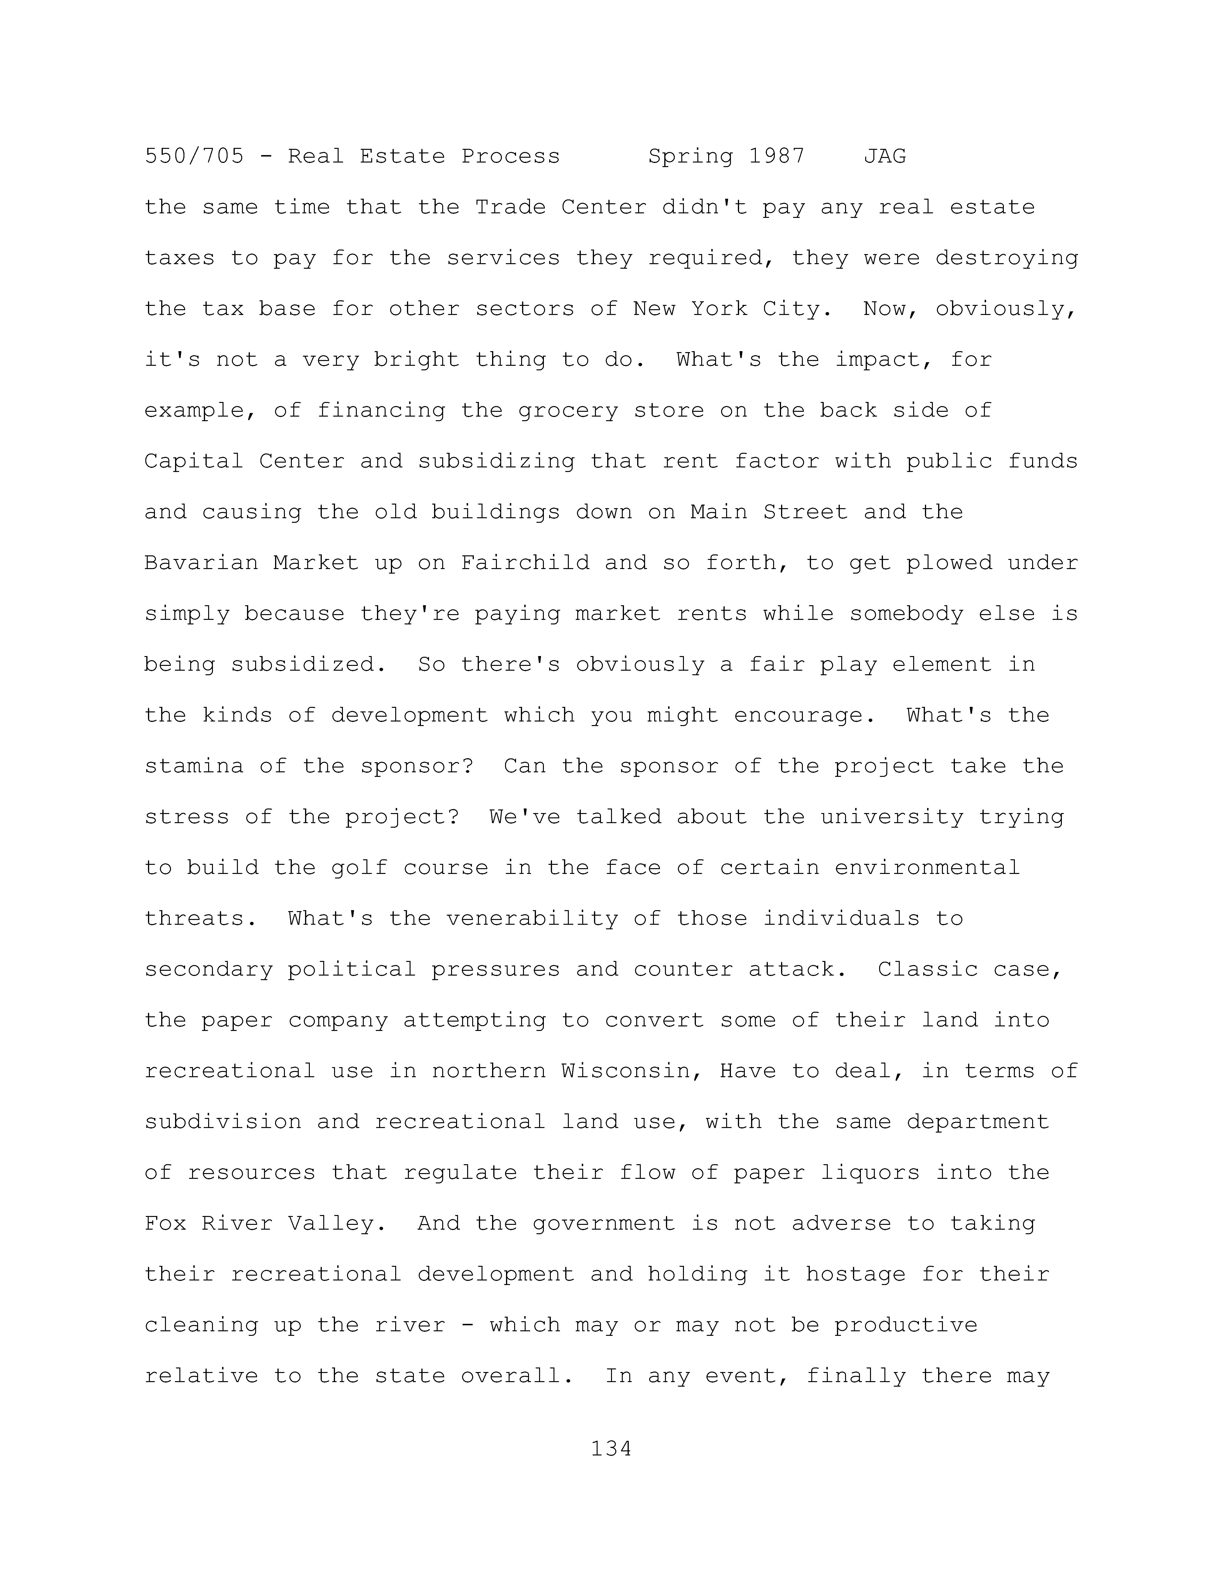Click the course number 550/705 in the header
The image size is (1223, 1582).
pyautogui.click(x=194, y=157)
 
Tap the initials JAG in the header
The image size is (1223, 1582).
pyautogui.click(x=885, y=157)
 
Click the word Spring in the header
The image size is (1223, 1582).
pyautogui.click(x=690, y=157)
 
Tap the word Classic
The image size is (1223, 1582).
pyautogui.click(x=927, y=969)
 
